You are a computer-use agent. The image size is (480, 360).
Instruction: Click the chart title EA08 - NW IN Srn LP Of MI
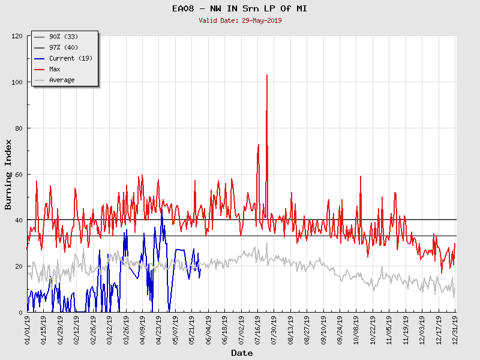click(x=239, y=8)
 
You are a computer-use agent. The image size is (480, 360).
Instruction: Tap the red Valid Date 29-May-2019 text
click(x=240, y=20)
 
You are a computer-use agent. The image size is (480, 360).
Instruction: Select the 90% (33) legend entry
click(x=63, y=37)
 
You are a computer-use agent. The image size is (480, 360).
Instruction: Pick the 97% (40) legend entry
click(x=63, y=47)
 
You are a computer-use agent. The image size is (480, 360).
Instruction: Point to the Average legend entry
click(x=62, y=80)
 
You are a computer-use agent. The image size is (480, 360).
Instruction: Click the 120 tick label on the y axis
click(x=17, y=36)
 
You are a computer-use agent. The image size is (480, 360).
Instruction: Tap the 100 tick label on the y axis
click(x=17, y=82)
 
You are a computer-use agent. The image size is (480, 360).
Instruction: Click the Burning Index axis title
click(x=8, y=174)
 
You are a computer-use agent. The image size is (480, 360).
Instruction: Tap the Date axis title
click(x=242, y=353)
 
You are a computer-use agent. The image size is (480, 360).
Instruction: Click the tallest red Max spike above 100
click(x=266, y=76)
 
